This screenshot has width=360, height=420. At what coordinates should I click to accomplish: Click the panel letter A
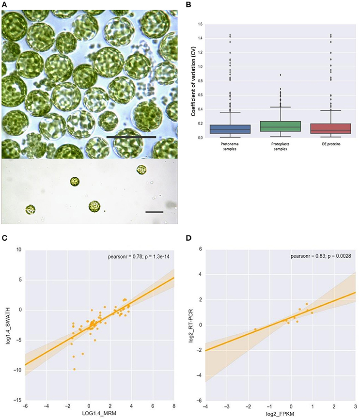pyautogui.click(x=4, y=4)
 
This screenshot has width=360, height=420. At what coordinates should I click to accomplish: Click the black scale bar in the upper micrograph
pyautogui.click(x=131, y=137)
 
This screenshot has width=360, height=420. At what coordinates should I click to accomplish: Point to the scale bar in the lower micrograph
pyautogui.click(x=155, y=212)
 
